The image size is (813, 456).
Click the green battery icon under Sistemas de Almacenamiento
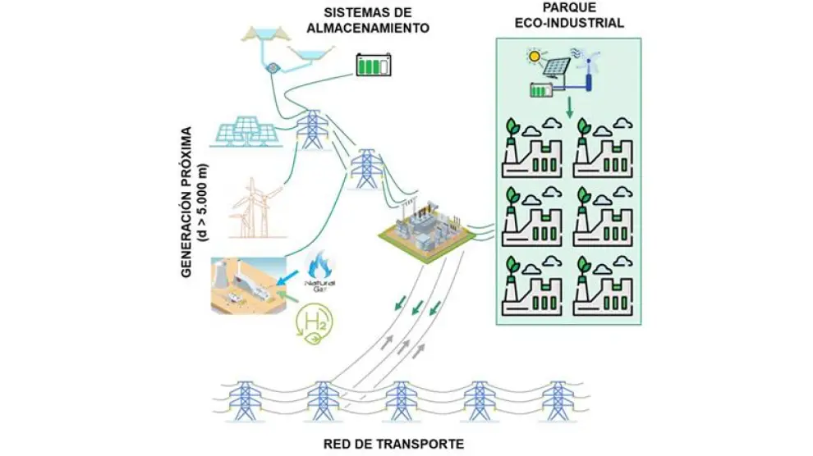click(373, 65)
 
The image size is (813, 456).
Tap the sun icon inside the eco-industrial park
click(535, 57)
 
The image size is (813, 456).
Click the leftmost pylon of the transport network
click(244, 401)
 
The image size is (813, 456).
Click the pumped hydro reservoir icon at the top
click(276, 51)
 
